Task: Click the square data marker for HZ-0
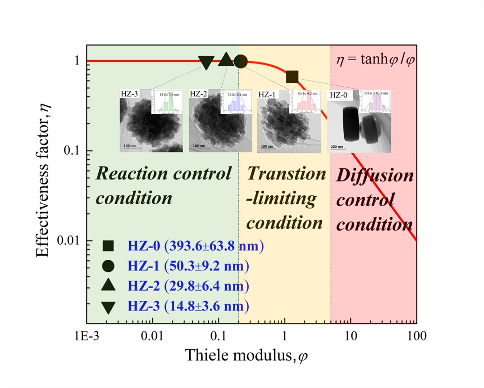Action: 292,76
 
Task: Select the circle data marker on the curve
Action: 240,61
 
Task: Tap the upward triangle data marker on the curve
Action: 225,59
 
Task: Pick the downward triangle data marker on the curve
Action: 206,62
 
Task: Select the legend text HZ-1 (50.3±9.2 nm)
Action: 188,266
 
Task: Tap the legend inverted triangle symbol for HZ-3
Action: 108,307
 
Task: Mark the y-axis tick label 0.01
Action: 69,241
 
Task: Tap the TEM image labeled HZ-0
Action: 359,121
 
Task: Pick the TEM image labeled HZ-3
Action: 150,120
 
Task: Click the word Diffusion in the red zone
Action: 375,176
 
